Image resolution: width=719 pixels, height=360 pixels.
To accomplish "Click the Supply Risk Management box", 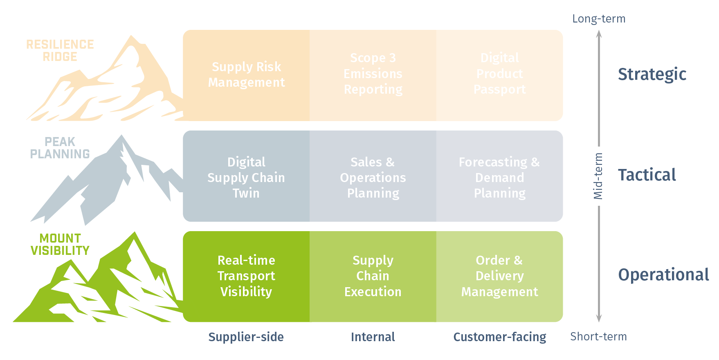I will click(x=246, y=75).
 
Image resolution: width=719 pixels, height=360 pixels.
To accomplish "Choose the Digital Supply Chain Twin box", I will click(x=246, y=178).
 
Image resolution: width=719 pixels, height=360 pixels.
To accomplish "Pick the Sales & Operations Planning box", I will click(x=373, y=178).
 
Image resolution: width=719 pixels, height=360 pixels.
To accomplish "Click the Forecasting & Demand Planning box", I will click(x=499, y=178).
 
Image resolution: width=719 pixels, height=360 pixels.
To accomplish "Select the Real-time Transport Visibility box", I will click(x=246, y=276).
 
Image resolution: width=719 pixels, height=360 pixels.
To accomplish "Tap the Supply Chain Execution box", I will click(x=373, y=276).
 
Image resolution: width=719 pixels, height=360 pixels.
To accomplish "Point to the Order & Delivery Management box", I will click(x=499, y=276).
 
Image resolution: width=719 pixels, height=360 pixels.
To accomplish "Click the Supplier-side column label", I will click(x=246, y=337).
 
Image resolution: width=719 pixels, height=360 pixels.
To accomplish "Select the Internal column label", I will click(x=373, y=337).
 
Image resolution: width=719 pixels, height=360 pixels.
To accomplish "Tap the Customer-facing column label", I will click(x=499, y=337).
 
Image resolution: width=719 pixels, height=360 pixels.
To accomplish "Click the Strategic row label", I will click(x=652, y=74).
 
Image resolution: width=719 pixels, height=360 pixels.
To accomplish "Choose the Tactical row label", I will click(x=647, y=175).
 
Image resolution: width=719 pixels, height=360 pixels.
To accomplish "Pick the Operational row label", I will click(x=663, y=275).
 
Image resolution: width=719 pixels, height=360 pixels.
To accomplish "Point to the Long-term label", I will click(x=598, y=19).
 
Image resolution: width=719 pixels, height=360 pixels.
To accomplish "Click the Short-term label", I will click(x=598, y=337).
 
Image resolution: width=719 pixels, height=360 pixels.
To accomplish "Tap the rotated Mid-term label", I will click(x=598, y=176).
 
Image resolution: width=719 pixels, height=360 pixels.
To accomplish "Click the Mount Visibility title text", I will click(x=60, y=244).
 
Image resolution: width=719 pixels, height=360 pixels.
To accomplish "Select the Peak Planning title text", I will click(x=60, y=148).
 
